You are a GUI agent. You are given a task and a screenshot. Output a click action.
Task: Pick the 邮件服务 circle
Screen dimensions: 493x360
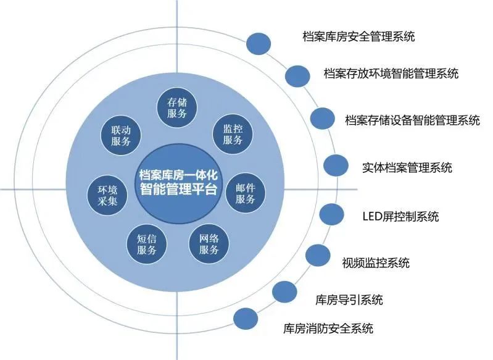(x=246, y=194)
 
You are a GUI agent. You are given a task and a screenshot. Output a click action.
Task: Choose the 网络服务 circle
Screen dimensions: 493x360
(x=209, y=243)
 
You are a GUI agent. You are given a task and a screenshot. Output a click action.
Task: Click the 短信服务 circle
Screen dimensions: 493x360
(x=147, y=243)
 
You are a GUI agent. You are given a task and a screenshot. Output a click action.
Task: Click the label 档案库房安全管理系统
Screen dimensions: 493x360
(x=358, y=36)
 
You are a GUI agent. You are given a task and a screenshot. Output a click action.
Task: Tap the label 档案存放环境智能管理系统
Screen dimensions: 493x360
(x=391, y=73)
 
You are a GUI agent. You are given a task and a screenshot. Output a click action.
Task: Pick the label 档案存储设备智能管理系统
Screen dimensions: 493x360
(x=412, y=120)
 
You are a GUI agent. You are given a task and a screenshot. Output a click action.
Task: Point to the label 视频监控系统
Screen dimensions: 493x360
(x=375, y=262)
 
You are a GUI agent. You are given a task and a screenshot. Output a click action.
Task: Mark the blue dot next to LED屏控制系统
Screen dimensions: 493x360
(x=331, y=214)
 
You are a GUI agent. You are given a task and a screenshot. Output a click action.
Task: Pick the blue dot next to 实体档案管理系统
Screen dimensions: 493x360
(x=336, y=165)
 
